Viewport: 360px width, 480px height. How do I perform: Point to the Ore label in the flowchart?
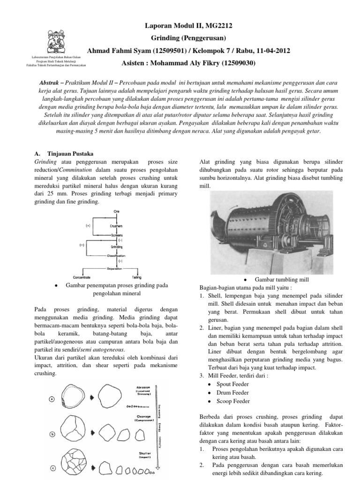click(116, 211)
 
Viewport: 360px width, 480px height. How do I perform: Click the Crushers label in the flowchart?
click(117, 226)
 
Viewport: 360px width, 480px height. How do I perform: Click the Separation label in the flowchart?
click(117, 269)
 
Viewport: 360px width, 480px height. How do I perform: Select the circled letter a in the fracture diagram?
click(52, 399)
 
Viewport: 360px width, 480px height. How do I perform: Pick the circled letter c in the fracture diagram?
click(52, 467)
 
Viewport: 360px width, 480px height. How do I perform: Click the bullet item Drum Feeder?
click(232, 392)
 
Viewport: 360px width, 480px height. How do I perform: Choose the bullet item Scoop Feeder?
click(233, 401)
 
